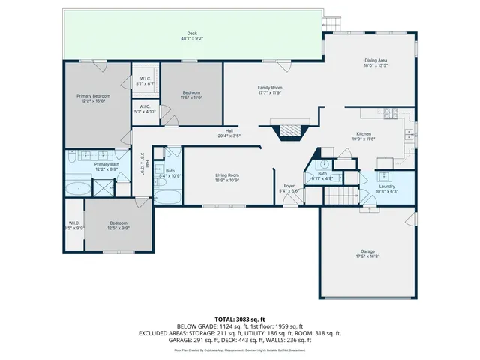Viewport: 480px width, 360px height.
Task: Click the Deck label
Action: click(x=192, y=34)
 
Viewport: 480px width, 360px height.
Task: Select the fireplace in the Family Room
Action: click(x=291, y=132)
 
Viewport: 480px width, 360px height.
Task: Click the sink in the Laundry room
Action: click(x=385, y=177)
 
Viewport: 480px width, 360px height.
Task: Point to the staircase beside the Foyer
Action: click(x=335, y=196)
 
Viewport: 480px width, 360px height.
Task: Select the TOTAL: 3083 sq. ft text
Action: click(x=240, y=319)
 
